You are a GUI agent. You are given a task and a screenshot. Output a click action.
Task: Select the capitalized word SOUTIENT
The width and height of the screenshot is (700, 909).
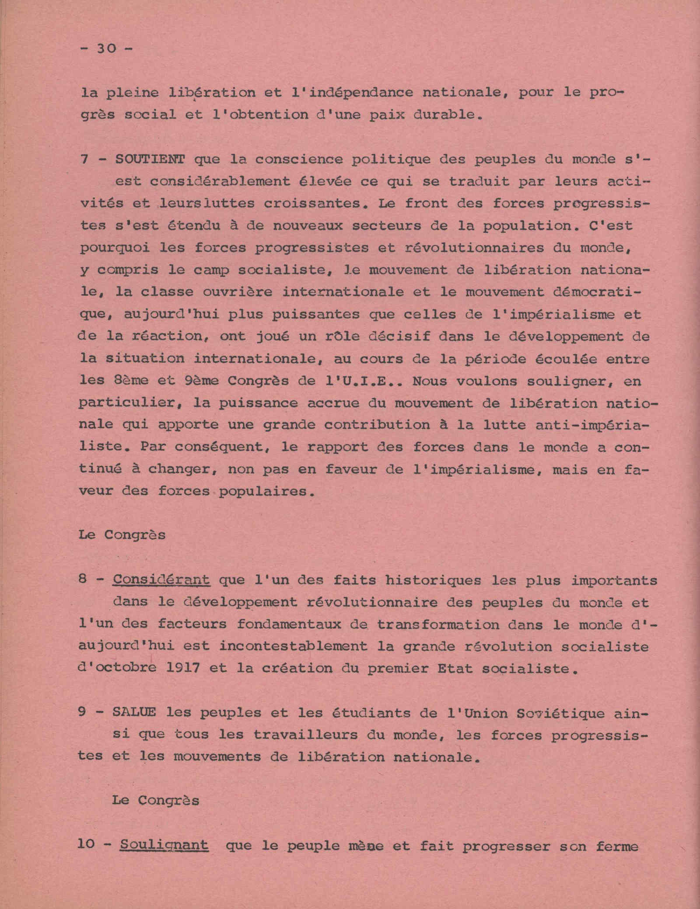point(150,159)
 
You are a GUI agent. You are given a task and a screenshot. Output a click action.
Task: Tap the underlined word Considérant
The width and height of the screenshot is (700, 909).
point(161,580)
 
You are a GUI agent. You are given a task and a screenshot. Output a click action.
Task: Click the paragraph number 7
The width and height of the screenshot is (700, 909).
point(84,159)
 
